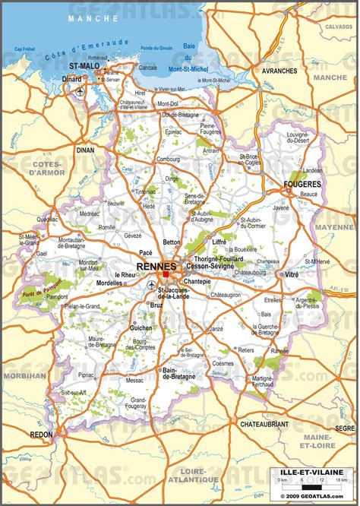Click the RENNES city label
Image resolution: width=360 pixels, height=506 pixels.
(x=157, y=266)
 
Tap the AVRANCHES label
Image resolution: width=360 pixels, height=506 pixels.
(x=280, y=71)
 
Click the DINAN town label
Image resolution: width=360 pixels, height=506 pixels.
(x=85, y=150)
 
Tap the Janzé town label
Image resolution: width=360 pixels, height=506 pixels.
(x=216, y=329)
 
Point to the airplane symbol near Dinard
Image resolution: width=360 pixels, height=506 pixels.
(x=80, y=91)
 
